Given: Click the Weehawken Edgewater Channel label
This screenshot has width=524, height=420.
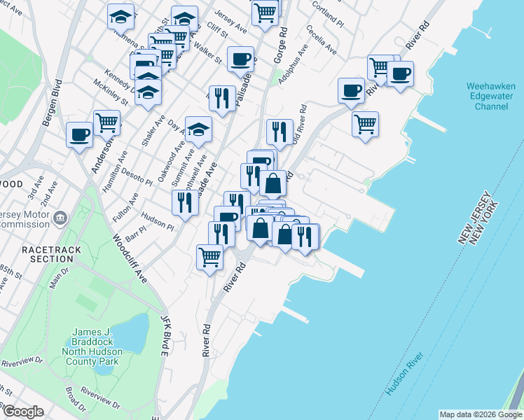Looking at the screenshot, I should pos(487,97).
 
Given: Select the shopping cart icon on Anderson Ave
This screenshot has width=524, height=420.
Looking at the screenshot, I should pos(107,122).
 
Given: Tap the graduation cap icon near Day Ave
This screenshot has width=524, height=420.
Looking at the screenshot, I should pos(199,128).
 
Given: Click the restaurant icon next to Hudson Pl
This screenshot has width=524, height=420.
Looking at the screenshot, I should pos(185,202).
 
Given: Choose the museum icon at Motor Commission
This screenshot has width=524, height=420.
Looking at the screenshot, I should pos(60,218).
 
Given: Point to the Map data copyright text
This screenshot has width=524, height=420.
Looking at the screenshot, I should pos(481,414).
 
